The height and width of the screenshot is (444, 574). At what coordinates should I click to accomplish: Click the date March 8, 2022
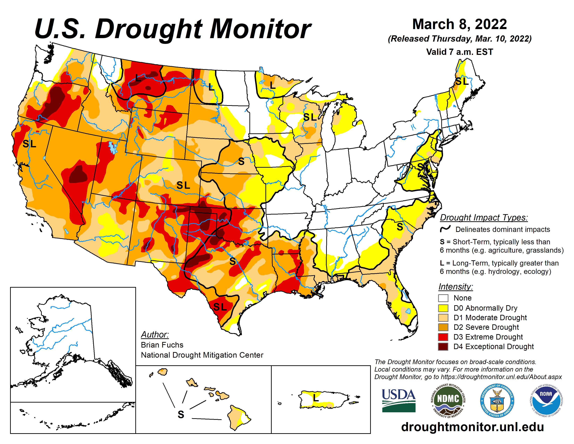[459, 24]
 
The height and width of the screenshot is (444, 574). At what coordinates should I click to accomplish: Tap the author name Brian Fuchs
[162, 345]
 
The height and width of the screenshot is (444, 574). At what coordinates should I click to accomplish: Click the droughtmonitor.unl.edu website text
[472, 427]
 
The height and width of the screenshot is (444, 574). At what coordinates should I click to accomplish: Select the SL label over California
[29, 144]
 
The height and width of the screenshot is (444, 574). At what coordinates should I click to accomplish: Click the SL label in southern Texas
[220, 307]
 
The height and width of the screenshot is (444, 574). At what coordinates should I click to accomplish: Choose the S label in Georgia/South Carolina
[400, 227]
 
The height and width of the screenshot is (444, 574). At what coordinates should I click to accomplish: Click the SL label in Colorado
[183, 185]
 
